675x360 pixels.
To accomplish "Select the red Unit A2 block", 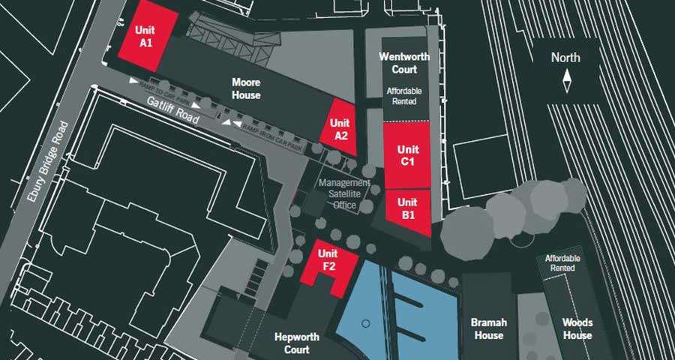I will click(340, 128).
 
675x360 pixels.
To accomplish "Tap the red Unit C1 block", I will click(407, 155).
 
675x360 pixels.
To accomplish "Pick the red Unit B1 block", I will click(407, 208).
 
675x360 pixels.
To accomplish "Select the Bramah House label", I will click(489, 328).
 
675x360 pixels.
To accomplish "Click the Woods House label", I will click(577, 328).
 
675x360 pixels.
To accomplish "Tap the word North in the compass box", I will click(565, 58).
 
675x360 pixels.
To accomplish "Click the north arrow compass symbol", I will click(567, 79).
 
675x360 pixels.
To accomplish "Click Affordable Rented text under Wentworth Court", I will click(403, 95).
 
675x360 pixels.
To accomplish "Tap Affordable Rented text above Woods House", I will click(560, 262).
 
